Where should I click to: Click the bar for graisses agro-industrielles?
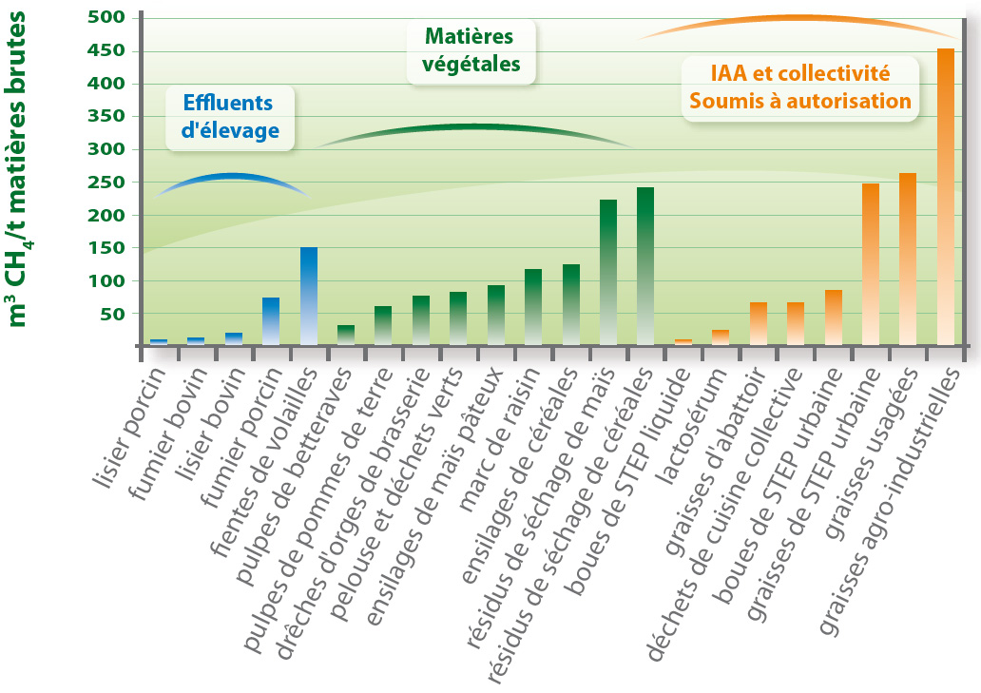945,197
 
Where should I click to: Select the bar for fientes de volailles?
309,296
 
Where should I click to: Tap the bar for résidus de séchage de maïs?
608,272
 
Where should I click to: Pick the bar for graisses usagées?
908,259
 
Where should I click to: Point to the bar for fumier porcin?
271,321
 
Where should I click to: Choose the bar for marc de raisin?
533,306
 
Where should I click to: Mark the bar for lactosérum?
721,337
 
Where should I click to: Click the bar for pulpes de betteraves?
346,335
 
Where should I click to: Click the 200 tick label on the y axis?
106,215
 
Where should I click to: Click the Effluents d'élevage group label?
230,117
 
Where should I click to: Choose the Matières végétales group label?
471,50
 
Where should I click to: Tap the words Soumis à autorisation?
800,102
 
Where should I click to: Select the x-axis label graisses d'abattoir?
717,461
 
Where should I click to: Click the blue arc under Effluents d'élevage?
232,178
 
